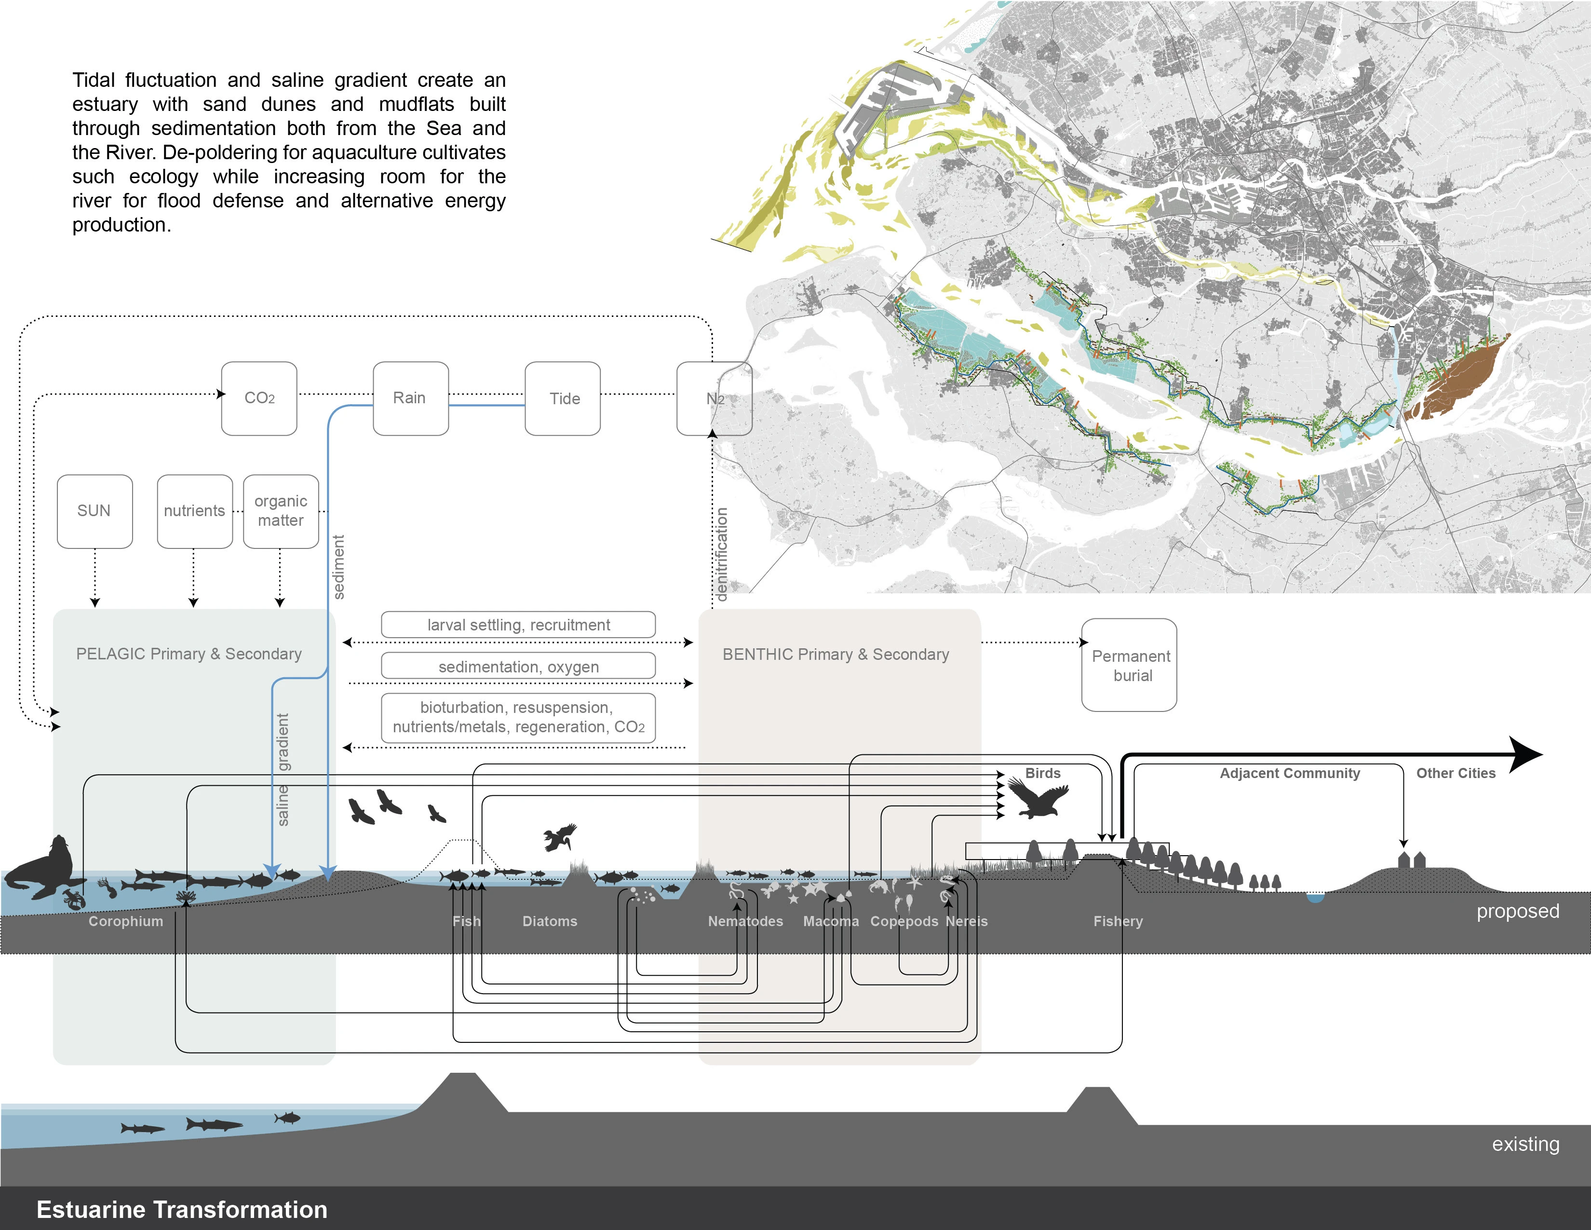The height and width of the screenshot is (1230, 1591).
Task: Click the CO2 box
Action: click(259, 398)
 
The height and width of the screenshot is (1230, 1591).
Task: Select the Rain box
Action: click(411, 398)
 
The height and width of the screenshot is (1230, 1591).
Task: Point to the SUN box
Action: click(94, 511)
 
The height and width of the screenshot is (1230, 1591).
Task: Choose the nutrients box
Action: click(194, 511)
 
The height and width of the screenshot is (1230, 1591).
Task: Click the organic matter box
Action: click(281, 511)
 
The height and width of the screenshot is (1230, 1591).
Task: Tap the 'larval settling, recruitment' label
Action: click(519, 625)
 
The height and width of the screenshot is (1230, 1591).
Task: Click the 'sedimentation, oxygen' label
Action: click(519, 667)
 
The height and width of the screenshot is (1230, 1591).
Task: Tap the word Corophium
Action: click(126, 921)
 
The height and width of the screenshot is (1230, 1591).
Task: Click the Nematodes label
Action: click(745, 921)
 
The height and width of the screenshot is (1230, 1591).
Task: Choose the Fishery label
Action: click(1118, 921)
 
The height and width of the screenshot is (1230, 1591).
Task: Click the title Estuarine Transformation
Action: click(182, 1210)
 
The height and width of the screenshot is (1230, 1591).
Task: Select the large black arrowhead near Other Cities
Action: click(1524, 755)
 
